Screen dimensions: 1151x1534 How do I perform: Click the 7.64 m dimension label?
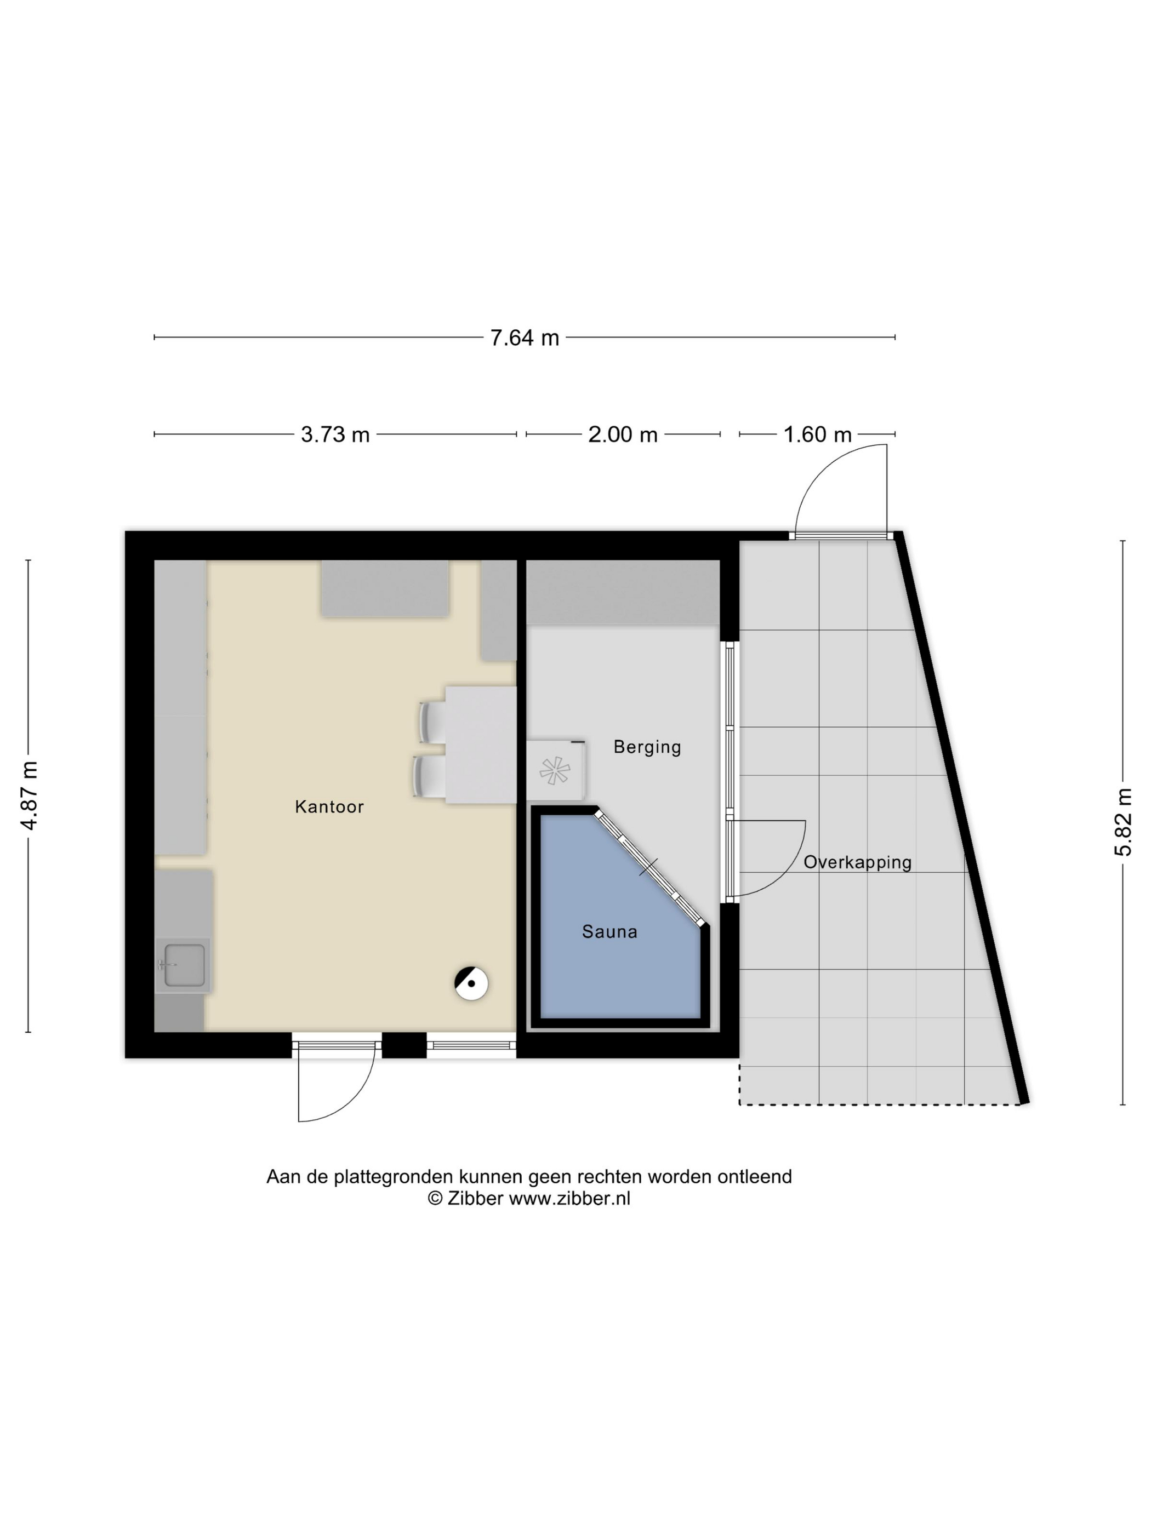point(524,337)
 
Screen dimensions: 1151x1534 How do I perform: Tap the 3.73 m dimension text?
point(335,435)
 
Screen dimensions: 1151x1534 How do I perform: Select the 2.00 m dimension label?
point(622,435)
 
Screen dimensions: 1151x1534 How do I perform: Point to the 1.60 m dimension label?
point(817,435)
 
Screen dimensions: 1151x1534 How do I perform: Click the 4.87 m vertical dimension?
point(29,795)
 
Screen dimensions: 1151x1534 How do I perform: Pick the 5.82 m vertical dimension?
point(1123,822)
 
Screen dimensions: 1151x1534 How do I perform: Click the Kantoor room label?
point(329,806)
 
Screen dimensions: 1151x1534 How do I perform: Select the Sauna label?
point(609,931)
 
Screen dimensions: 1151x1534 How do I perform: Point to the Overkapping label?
point(858,863)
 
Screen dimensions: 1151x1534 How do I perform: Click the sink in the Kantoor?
point(183,965)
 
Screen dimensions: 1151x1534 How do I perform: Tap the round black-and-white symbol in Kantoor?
point(471,983)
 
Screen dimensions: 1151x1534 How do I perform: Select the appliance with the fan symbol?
point(556,770)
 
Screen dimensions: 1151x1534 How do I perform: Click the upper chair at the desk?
point(432,722)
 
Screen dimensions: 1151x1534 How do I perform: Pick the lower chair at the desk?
point(429,776)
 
